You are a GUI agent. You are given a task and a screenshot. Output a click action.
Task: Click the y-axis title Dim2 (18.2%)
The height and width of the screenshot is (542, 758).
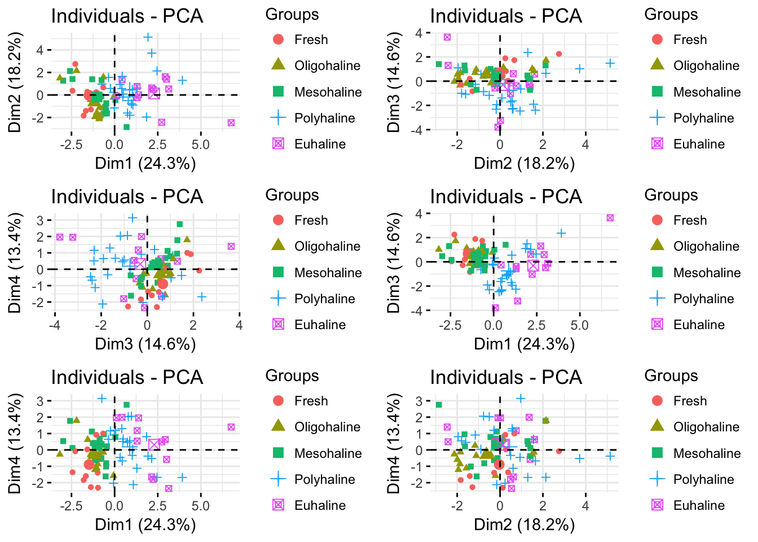15,82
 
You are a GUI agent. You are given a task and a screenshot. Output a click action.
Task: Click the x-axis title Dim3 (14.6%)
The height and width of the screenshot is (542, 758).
146,344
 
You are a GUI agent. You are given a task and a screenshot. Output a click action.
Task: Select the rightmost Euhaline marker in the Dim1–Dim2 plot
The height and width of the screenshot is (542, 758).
231,123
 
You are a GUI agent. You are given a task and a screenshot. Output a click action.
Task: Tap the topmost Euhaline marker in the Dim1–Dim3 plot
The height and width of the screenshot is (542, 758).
610,218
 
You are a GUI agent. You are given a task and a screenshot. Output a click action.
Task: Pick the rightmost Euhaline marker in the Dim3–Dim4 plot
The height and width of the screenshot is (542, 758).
231,246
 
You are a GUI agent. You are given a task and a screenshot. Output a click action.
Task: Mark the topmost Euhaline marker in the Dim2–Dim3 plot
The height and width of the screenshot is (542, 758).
447,37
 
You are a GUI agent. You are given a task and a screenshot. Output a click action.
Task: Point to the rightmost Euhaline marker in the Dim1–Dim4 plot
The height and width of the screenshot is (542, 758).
231,427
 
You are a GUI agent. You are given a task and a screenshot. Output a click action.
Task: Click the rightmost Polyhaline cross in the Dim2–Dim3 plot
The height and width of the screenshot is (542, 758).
610,63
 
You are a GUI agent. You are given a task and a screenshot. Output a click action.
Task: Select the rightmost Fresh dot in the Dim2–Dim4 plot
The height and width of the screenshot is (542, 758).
559,451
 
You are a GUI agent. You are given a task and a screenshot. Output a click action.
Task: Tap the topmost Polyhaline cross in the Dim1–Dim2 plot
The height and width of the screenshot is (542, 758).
148,37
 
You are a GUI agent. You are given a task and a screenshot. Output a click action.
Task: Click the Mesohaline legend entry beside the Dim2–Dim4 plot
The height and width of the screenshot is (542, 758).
707,453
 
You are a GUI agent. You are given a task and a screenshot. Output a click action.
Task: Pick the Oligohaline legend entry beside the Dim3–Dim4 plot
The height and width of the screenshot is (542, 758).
327,246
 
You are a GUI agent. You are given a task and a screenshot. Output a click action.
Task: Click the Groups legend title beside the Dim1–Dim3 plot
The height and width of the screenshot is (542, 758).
671,195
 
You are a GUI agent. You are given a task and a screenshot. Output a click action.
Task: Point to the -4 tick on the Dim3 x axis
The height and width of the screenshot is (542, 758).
55,325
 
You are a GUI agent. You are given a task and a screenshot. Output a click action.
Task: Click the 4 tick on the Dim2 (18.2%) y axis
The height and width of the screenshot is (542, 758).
39,50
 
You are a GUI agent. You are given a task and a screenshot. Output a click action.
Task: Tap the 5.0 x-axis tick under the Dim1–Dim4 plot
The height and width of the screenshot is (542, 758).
200,506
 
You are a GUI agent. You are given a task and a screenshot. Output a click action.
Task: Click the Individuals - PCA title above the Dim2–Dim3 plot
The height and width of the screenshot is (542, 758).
506,16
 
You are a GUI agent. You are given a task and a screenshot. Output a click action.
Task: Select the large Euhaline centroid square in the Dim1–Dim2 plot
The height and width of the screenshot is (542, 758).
154,94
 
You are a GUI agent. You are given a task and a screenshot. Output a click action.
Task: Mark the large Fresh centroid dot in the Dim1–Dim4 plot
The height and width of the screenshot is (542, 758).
89,464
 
